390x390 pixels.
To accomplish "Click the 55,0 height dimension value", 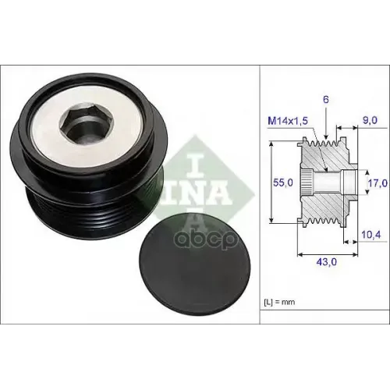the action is click(283, 183).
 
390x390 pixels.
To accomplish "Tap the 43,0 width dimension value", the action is click(326, 262).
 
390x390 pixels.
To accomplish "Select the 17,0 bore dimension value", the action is click(378, 183).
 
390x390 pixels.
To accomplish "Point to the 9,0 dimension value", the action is click(370, 120).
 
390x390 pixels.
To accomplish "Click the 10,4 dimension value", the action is click(371, 235).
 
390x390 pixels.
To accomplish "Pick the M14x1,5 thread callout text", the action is click(288, 121).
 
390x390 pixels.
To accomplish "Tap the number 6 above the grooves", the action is click(326, 100).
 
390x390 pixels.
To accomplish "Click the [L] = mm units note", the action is click(279, 302).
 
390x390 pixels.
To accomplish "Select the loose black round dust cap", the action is click(195, 268).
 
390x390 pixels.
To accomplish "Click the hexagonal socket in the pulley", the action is click(87, 126).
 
